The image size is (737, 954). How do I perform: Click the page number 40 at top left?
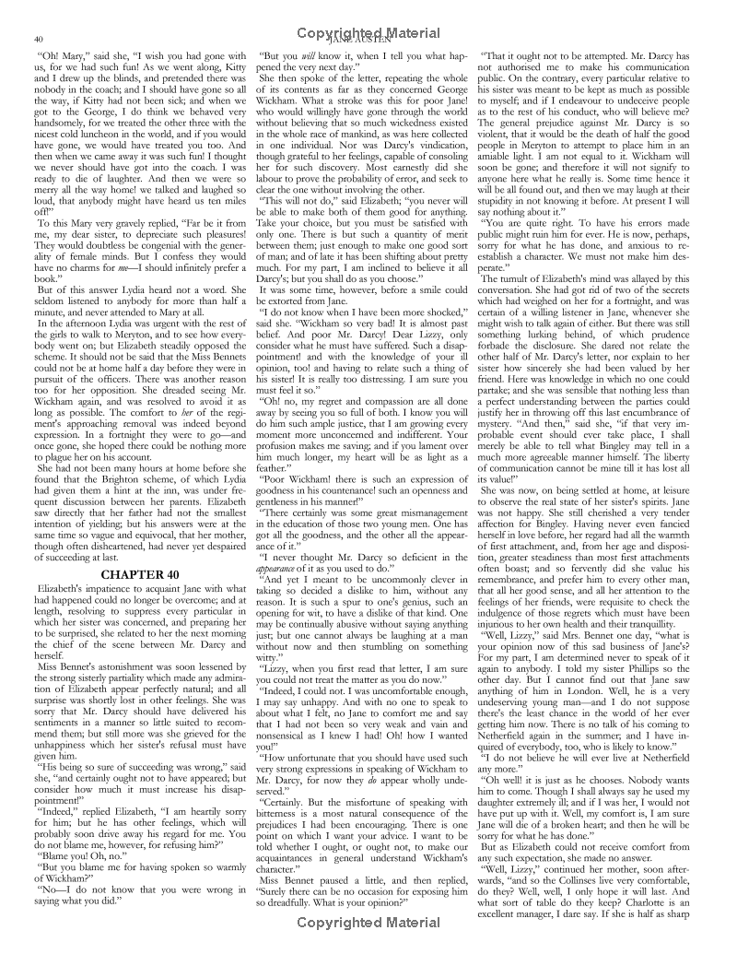[38, 39]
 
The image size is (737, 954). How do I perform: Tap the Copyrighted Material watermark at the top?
[368, 32]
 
